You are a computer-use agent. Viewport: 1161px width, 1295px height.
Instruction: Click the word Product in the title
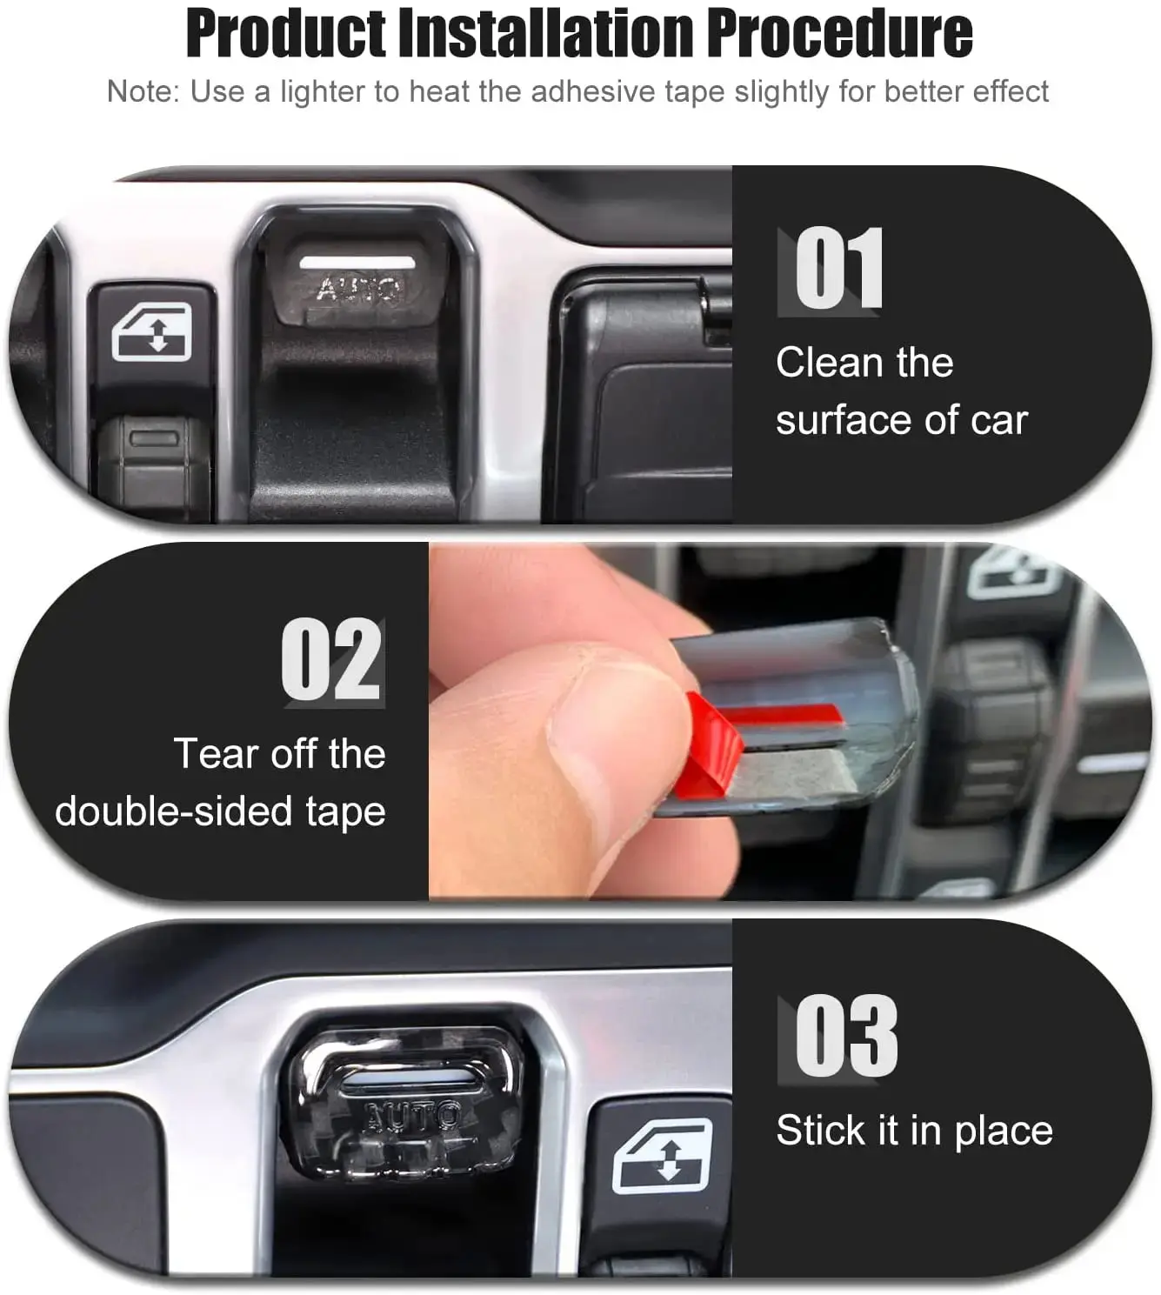(286, 34)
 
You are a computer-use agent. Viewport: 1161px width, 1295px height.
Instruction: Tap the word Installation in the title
(546, 34)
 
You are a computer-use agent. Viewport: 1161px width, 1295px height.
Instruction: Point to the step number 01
(838, 269)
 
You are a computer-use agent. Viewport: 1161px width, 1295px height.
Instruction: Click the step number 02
(331, 659)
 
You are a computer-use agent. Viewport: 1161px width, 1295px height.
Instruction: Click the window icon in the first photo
(152, 332)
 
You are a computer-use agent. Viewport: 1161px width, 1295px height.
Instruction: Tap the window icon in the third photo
(663, 1156)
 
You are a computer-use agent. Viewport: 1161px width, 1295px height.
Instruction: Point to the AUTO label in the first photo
(361, 289)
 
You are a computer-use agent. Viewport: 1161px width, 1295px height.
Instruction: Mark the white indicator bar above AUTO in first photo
(357, 263)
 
